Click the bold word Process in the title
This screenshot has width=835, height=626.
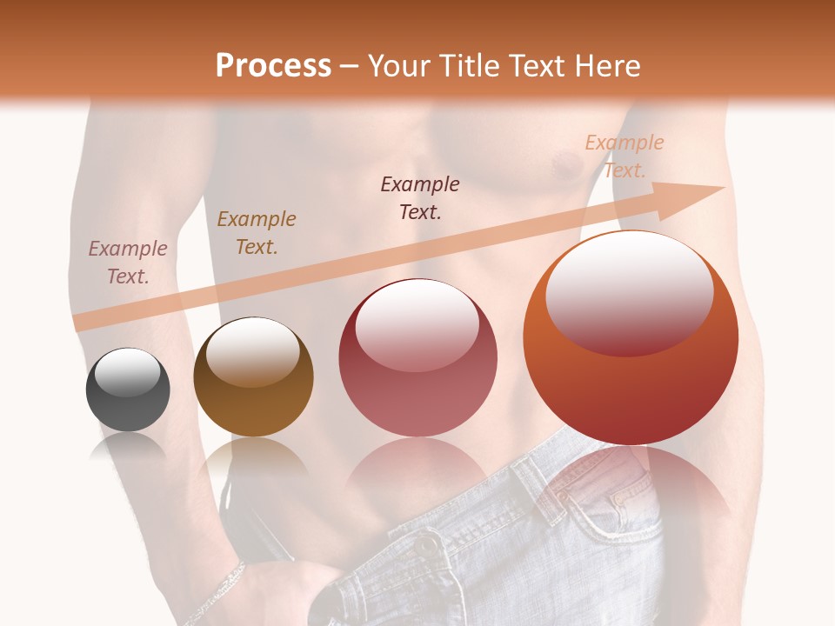click(x=273, y=65)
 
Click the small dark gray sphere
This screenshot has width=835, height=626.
click(x=128, y=390)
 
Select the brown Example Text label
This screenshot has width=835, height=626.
click(x=257, y=233)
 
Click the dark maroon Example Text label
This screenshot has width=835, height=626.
click(x=420, y=197)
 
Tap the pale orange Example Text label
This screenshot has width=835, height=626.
click(x=625, y=156)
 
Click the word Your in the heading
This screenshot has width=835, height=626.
click(x=397, y=66)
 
